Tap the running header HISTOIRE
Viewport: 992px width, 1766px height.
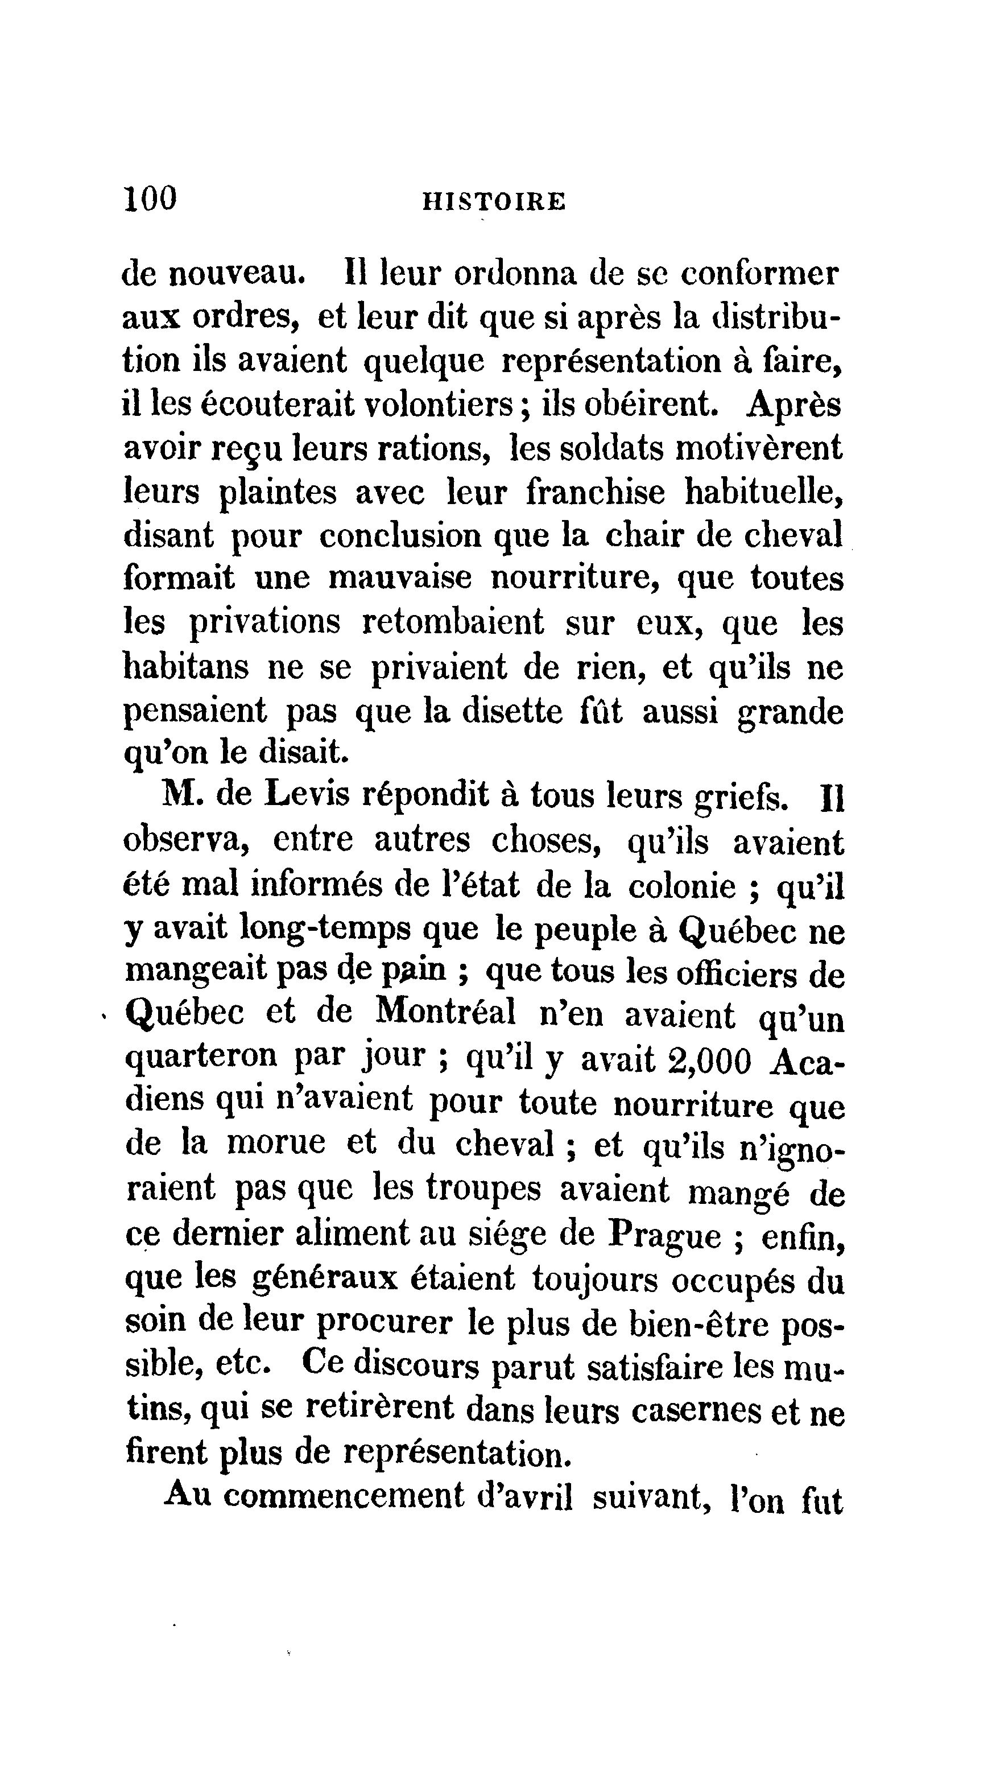coord(494,201)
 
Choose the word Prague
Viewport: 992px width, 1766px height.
coord(666,1235)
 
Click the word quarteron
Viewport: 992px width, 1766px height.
coord(202,1058)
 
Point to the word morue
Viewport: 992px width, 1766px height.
coord(276,1143)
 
